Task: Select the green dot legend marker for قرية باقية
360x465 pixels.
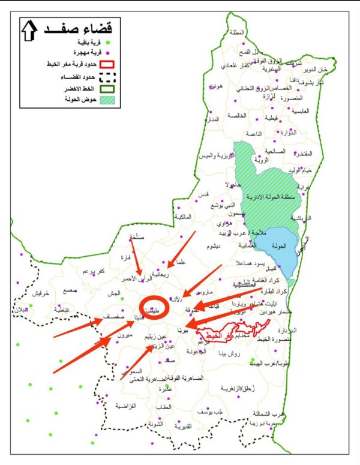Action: coord(108,42)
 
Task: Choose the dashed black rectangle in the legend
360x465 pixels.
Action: coord(107,77)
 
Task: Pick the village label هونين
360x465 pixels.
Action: coord(217,86)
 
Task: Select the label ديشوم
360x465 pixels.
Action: coord(213,247)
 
